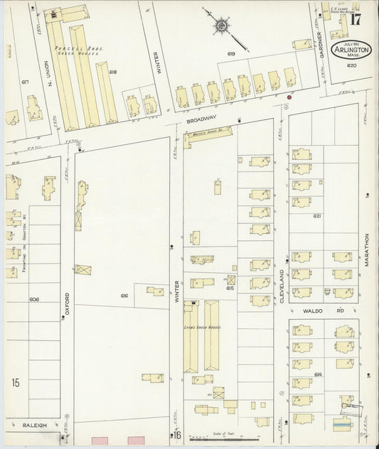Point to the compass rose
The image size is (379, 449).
point(223,27)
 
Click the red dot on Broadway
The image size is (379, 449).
point(289,97)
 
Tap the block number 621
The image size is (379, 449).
point(317,216)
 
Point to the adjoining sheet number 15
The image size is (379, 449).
point(15,384)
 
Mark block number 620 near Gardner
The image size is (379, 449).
point(351,66)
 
